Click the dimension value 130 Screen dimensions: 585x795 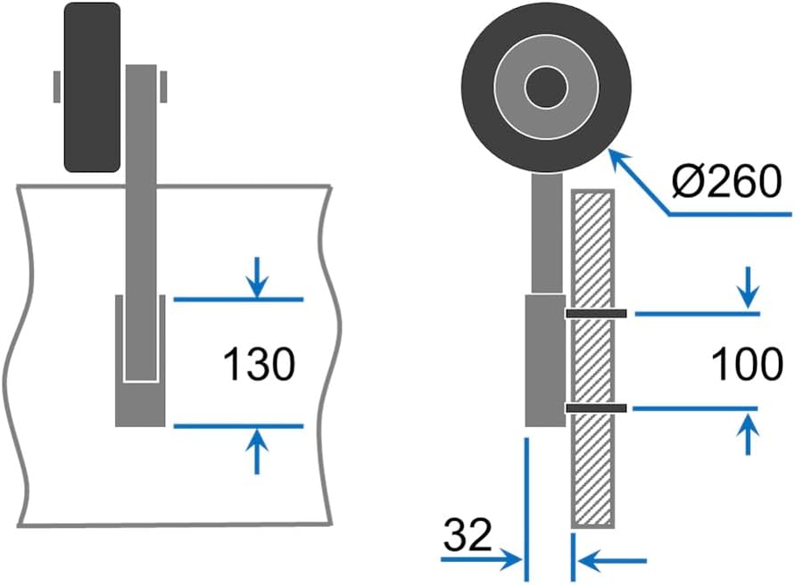259,365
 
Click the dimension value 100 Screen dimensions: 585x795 748,364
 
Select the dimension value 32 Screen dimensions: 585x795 467,535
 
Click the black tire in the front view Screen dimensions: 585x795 91,87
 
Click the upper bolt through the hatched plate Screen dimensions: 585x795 596,314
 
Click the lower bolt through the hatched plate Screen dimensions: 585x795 596,408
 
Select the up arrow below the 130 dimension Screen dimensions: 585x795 257,449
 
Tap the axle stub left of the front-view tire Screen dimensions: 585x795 56,87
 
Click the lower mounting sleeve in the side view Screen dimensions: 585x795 544,360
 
